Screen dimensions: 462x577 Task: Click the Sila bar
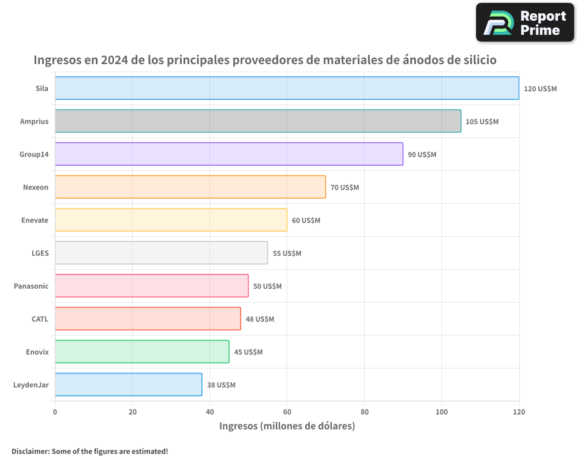(x=287, y=88)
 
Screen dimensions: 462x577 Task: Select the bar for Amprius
(x=258, y=121)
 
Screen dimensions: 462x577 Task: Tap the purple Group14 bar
(x=229, y=154)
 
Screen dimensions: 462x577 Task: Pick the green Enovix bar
(x=142, y=352)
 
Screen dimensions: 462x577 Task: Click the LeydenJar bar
(x=129, y=385)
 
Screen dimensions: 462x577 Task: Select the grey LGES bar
(x=162, y=253)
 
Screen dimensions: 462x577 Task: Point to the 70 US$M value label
(x=344, y=188)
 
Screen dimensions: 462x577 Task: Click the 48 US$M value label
(x=260, y=319)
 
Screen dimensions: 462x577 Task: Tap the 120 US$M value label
(x=540, y=89)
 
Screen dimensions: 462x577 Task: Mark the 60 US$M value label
(x=306, y=221)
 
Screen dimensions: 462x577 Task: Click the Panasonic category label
(x=31, y=286)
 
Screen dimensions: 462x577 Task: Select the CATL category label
(x=40, y=319)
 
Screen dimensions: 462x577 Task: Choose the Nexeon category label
(x=36, y=187)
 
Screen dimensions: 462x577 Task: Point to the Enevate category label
(x=35, y=220)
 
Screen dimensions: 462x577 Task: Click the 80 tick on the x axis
(x=364, y=412)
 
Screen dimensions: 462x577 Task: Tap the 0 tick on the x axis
(x=55, y=412)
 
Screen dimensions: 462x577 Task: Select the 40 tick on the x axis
(x=209, y=412)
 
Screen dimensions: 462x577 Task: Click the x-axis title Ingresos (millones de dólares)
(x=287, y=426)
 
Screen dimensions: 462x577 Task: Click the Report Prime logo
(x=525, y=23)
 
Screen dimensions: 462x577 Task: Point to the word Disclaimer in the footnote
(x=30, y=451)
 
